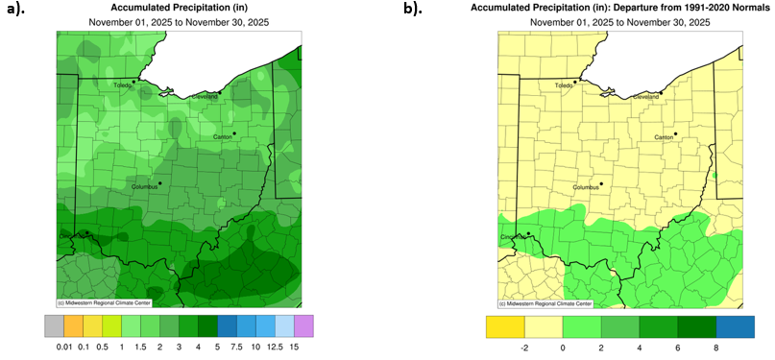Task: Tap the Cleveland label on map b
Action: (x=646, y=97)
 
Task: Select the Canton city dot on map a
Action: (x=233, y=133)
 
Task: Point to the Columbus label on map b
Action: (x=586, y=188)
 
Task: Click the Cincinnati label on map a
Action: (x=73, y=235)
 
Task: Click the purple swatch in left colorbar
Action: (x=304, y=324)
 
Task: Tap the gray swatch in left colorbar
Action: (x=54, y=324)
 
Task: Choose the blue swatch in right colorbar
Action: (x=736, y=324)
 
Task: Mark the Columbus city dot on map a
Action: (x=160, y=182)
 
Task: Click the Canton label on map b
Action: (x=664, y=138)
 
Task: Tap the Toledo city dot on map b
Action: (x=575, y=82)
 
